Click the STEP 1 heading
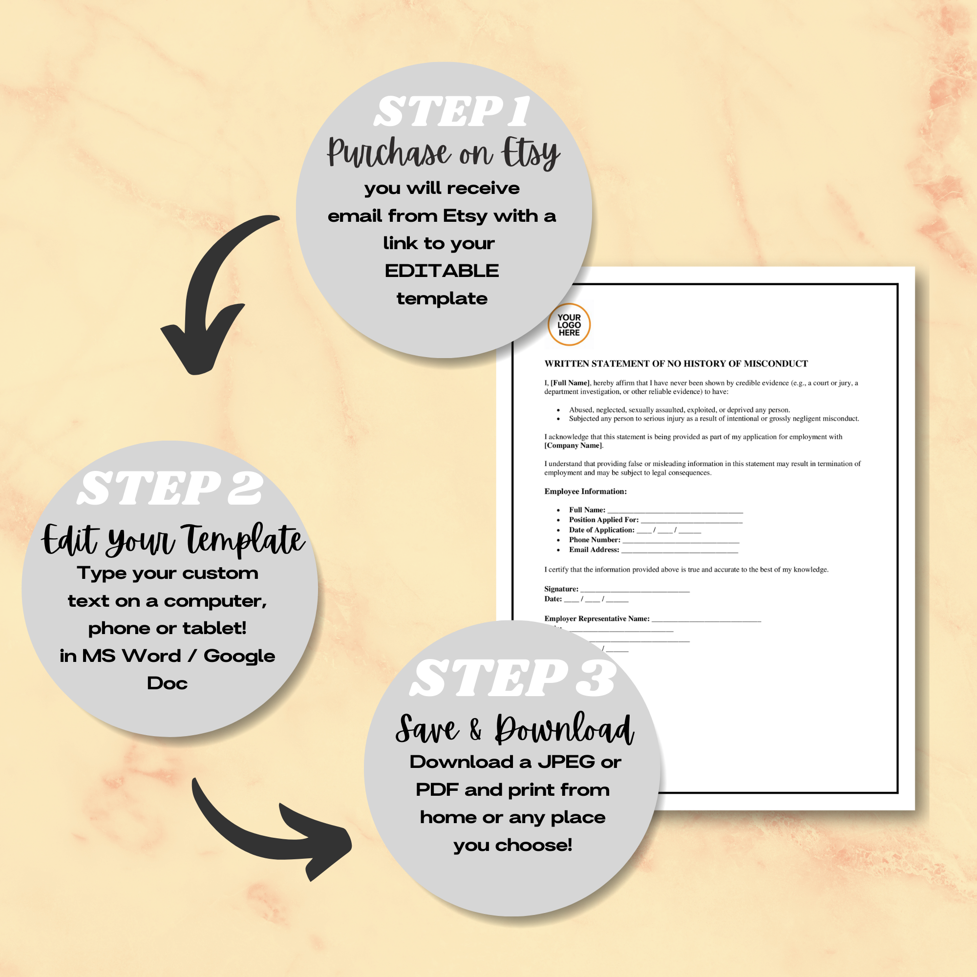point(451,112)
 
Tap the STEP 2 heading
point(170,488)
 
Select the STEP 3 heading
point(512,679)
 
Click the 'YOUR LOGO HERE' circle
point(569,325)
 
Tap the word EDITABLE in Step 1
point(442,271)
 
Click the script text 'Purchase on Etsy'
point(443,152)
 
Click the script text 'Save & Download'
point(514,729)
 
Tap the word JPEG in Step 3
point(566,762)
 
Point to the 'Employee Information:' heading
point(585,491)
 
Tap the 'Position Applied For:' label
point(603,519)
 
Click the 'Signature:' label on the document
point(561,589)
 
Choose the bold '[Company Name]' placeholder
point(573,446)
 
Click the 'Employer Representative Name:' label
point(597,618)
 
